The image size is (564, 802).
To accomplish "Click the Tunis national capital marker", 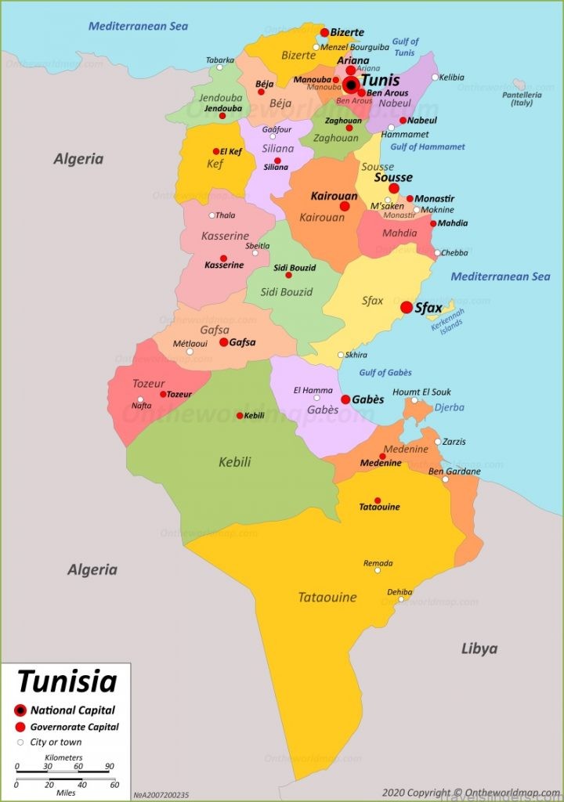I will pyautogui.click(x=352, y=85).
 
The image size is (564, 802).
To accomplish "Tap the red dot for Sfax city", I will pyautogui.click(x=407, y=308).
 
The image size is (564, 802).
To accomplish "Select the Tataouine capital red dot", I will pyautogui.click(x=378, y=500).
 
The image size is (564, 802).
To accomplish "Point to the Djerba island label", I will pyautogui.click(x=450, y=407).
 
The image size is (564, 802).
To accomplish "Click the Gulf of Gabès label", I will pyautogui.click(x=385, y=373).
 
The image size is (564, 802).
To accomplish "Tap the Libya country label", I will pyautogui.click(x=479, y=648).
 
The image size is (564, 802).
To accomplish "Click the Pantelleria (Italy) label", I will pyautogui.click(x=522, y=98).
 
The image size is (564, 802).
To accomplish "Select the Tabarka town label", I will pyautogui.click(x=220, y=60).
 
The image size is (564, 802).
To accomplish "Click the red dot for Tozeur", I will pyautogui.click(x=163, y=394).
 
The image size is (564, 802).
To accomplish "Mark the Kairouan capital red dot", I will pyautogui.click(x=345, y=206).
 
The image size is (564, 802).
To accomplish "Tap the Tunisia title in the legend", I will pyautogui.click(x=67, y=681).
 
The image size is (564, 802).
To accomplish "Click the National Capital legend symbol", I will pyautogui.click(x=20, y=710).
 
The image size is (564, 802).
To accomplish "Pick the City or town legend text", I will pyautogui.click(x=56, y=742).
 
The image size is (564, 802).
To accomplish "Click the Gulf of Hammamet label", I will pyautogui.click(x=428, y=146).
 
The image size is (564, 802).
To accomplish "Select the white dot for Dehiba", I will pyautogui.click(x=400, y=599).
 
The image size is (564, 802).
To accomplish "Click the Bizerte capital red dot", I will pyautogui.click(x=324, y=33).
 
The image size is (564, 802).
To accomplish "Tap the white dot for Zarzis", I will pyautogui.click(x=438, y=442).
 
